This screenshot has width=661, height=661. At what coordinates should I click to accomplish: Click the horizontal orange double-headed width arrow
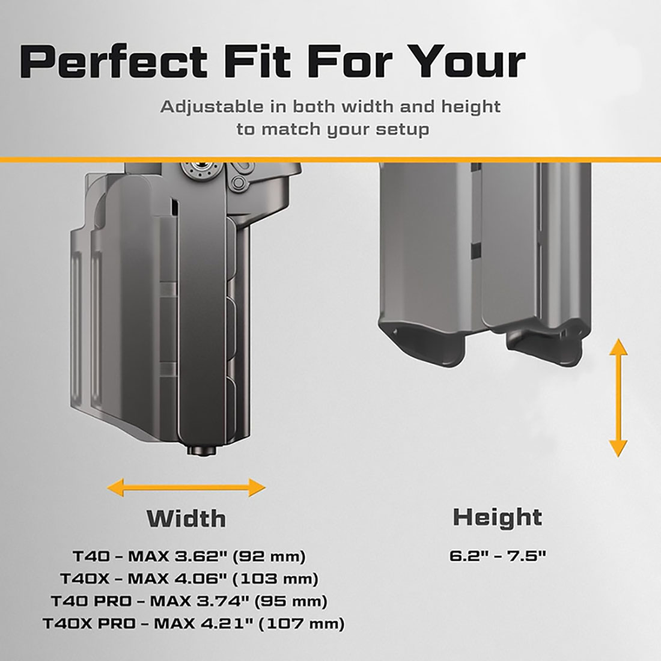(x=186, y=488)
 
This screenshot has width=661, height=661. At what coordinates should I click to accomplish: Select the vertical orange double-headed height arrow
(x=618, y=398)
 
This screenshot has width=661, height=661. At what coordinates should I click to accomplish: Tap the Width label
(x=186, y=518)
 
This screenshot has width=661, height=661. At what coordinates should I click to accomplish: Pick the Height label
(x=498, y=517)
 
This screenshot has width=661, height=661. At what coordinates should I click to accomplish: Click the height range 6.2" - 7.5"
(x=498, y=556)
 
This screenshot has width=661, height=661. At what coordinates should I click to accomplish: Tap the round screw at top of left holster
(x=201, y=169)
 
